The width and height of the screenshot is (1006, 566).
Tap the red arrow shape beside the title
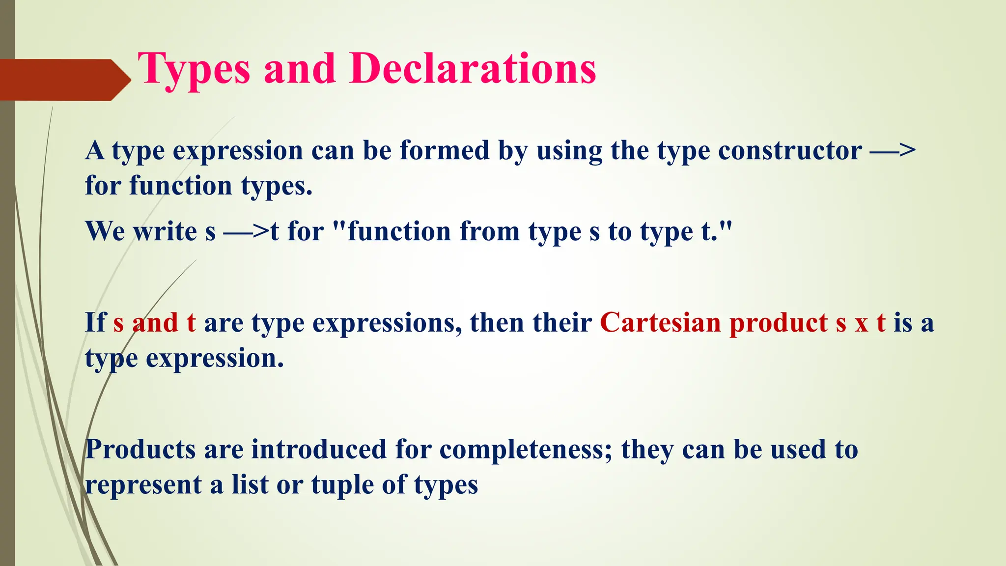(x=64, y=80)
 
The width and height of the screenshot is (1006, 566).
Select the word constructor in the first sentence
(x=789, y=150)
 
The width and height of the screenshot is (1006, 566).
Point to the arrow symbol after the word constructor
(x=893, y=150)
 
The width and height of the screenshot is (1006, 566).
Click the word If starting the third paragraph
(x=95, y=323)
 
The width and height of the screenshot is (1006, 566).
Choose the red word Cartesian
(x=661, y=323)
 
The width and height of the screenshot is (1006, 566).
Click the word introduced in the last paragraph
(x=319, y=449)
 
